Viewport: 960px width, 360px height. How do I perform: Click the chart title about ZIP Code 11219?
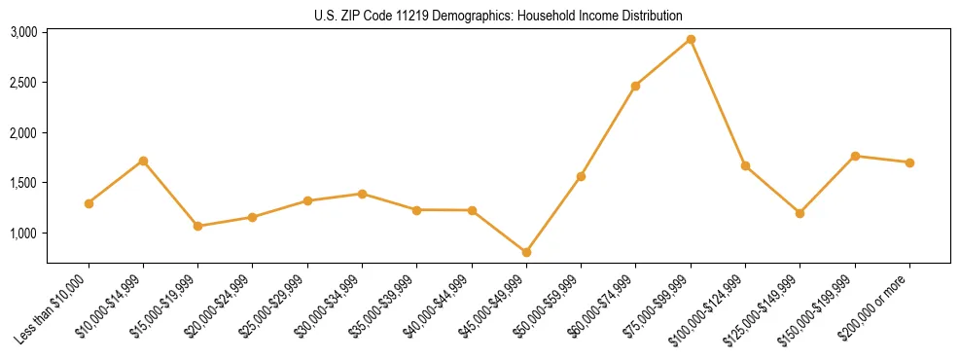tap(499, 17)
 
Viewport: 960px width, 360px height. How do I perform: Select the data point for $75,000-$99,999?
tap(691, 40)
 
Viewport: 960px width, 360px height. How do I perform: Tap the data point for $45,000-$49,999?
tap(526, 252)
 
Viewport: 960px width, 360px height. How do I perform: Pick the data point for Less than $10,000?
tap(89, 203)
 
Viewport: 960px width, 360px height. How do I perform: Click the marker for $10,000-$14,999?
tap(143, 161)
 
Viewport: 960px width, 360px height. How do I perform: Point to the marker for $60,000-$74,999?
tap(635, 87)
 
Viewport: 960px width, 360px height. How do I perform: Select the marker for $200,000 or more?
tap(909, 162)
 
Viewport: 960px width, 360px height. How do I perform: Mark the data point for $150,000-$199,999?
tap(855, 156)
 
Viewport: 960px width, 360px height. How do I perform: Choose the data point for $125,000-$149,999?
tap(800, 213)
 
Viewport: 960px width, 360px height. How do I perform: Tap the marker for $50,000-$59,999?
tap(581, 176)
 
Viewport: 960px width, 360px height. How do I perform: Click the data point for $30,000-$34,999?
tap(362, 194)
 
